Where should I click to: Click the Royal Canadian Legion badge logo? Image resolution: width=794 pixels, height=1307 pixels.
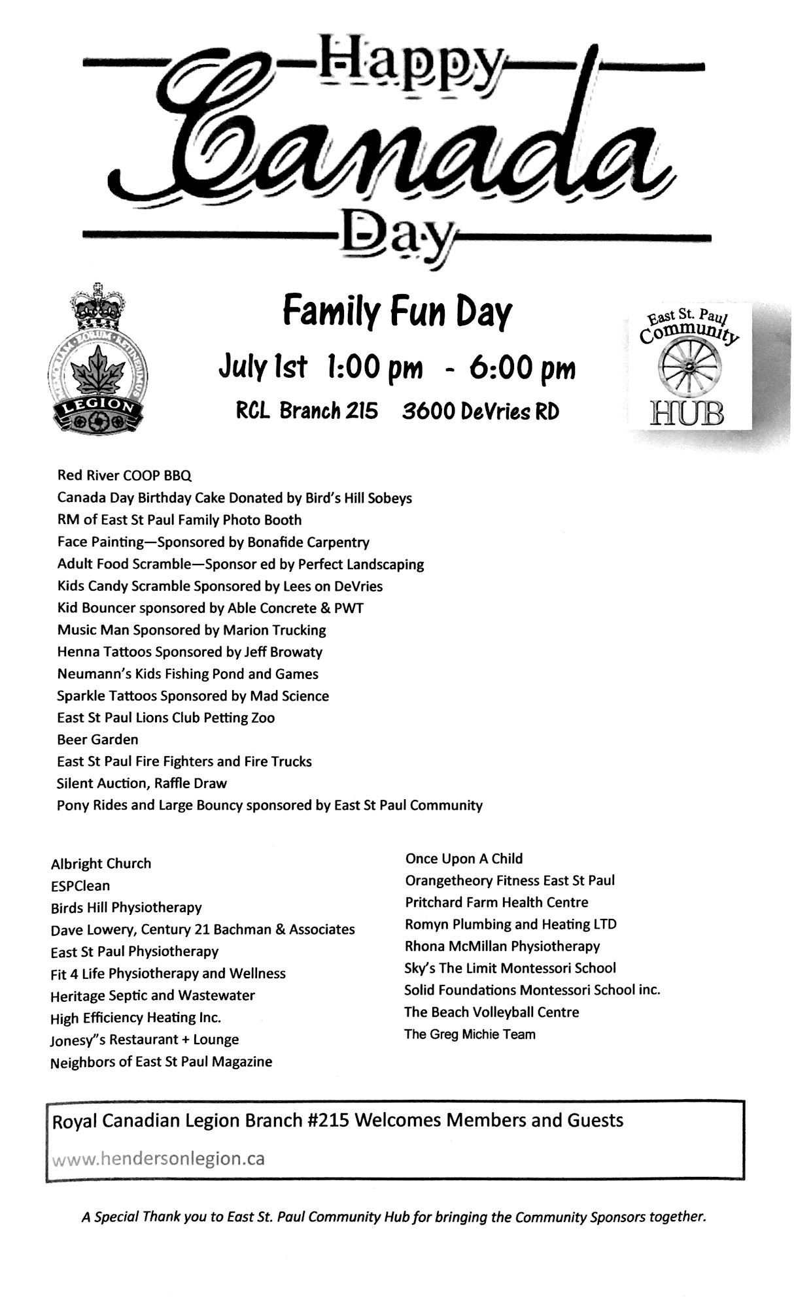(x=97, y=360)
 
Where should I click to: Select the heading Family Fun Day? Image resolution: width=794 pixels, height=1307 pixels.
(x=397, y=312)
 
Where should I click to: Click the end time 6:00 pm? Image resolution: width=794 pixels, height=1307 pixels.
(x=522, y=368)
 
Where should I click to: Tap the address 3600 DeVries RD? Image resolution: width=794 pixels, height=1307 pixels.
(x=481, y=411)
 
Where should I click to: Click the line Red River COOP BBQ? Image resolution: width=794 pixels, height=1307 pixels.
(x=124, y=475)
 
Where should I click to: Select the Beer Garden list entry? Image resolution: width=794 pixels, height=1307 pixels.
(x=97, y=739)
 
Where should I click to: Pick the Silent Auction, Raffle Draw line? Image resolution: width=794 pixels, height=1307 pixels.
(x=141, y=783)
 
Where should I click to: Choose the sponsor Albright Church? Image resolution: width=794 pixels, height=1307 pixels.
(x=101, y=863)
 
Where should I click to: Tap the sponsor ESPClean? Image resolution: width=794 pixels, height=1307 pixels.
(x=80, y=885)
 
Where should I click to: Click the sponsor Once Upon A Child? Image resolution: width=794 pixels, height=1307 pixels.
(x=464, y=858)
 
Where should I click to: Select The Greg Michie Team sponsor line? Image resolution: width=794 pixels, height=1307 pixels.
(x=470, y=1034)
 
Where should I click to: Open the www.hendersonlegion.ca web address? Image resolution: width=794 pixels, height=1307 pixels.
(x=158, y=1159)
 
